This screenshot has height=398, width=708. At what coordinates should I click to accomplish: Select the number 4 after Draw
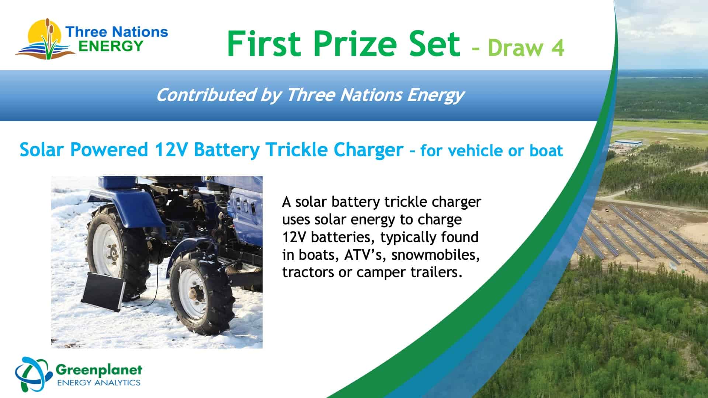557,48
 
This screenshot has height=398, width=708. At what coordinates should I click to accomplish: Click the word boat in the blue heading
546,151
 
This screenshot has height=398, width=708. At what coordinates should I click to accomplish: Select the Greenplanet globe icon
33,374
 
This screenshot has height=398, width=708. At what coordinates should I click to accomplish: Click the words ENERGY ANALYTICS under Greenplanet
99,382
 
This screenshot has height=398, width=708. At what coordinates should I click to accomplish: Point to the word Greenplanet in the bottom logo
98,370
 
